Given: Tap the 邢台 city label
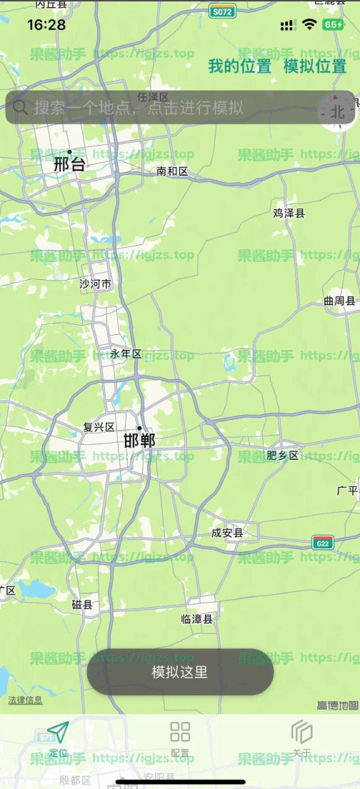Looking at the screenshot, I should click(69, 165).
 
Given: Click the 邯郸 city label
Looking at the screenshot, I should click(139, 441).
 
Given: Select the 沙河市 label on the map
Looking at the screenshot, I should click(96, 284).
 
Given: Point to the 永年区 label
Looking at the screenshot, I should click(126, 354).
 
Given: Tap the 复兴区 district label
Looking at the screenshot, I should click(99, 427).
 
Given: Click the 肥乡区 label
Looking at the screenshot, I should click(282, 455).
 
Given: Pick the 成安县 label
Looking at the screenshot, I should click(227, 533).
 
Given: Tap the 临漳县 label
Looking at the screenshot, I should click(197, 619).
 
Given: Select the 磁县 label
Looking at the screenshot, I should click(82, 605).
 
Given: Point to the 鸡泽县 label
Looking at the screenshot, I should click(289, 213).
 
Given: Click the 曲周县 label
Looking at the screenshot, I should click(339, 301).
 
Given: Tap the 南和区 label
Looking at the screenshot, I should click(172, 171).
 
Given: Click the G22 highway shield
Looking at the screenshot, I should click(323, 543).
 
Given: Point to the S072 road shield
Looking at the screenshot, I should click(223, 12).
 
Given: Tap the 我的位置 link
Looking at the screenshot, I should click(240, 67).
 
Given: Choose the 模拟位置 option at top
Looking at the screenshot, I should click(315, 67).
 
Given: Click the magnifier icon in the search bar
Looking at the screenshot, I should click(21, 107).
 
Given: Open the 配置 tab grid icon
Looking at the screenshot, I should click(180, 732).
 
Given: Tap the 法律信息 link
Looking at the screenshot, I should click(25, 700).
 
